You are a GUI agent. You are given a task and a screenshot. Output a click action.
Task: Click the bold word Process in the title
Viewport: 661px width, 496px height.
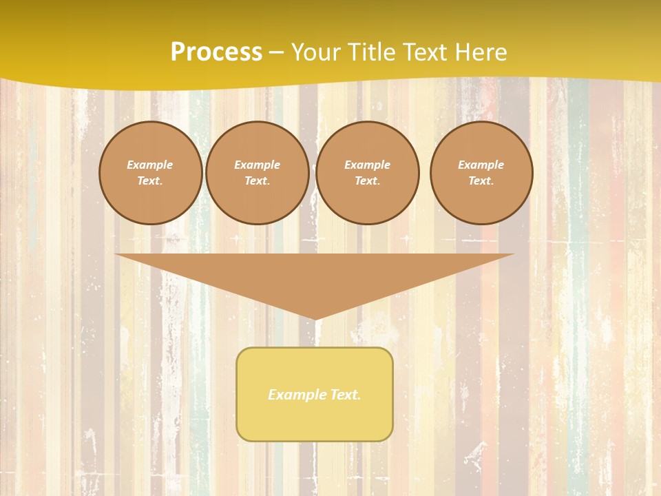point(216,52)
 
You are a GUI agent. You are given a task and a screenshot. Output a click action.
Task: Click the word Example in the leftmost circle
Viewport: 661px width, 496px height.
point(150,165)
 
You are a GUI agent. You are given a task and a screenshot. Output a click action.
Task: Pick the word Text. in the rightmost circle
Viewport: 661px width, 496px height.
point(481,180)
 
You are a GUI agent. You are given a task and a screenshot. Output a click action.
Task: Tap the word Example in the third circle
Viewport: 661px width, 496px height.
point(368,165)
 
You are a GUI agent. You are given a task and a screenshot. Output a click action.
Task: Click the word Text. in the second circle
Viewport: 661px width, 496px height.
point(258,180)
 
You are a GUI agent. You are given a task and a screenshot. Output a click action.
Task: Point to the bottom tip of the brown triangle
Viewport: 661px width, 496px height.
point(315,318)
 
